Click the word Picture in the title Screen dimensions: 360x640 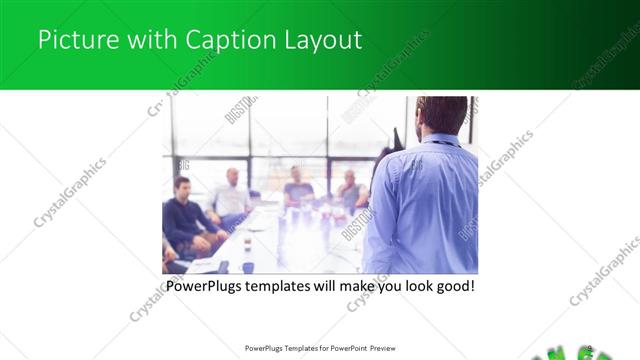click(71, 41)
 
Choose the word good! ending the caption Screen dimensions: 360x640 click(452, 286)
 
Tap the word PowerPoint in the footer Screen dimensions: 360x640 click(344, 349)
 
